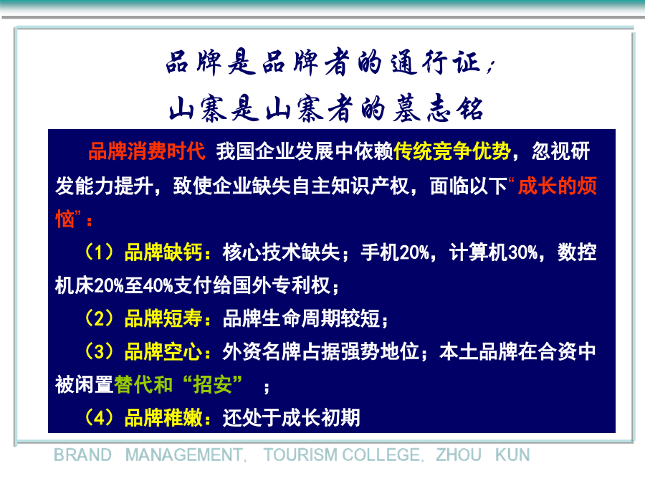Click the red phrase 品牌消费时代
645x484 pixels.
(x=146, y=151)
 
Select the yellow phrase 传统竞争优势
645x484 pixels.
(x=452, y=151)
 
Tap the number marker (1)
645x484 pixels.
(x=99, y=252)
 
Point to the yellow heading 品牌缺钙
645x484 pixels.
(x=163, y=252)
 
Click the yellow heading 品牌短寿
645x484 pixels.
(x=163, y=318)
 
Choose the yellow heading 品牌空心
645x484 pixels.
(x=163, y=351)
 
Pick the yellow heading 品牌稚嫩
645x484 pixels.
(x=163, y=418)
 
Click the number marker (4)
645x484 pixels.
(x=99, y=418)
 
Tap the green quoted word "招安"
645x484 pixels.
(x=212, y=384)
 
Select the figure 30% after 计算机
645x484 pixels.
(x=523, y=252)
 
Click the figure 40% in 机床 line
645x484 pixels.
(x=158, y=285)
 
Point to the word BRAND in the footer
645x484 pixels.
(x=82, y=455)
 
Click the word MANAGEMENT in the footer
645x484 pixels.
(x=184, y=455)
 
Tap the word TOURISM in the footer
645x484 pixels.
(x=301, y=455)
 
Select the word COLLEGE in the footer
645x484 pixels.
(x=381, y=455)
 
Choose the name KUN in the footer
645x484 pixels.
(x=512, y=455)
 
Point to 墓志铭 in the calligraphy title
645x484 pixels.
(x=438, y=109)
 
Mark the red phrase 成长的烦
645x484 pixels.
(x=558, y=186)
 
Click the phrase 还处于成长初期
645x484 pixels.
(x=291, y=418)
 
